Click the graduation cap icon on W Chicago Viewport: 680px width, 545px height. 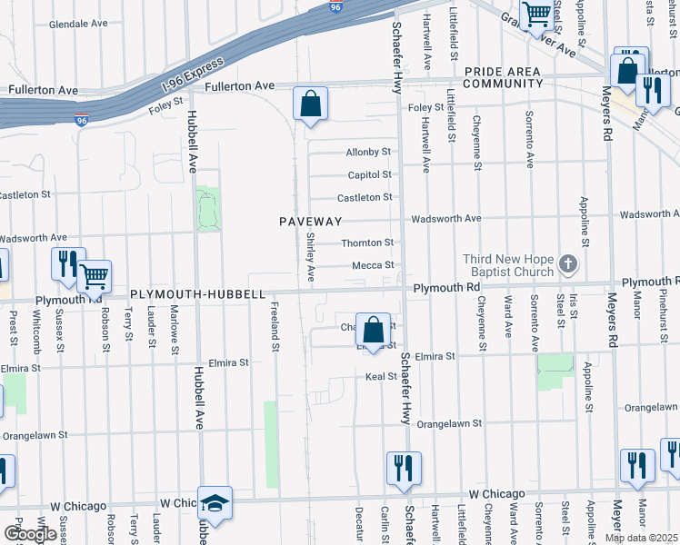[215, 503]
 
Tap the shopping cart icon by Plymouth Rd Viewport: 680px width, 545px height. [94, 275]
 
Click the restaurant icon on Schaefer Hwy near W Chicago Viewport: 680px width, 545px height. [404, 468]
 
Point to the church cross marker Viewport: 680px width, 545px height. [568, 265]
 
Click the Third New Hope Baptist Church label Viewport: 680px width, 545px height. [508, 265]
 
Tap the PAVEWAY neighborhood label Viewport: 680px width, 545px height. [310, 222]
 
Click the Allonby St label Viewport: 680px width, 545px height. [368, 152]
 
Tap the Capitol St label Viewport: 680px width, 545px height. [370, 174]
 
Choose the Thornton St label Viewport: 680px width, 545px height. [367, 243]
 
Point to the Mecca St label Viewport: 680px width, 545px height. [374, 265]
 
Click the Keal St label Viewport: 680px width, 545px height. [380, 376]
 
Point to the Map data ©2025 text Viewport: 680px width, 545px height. [641, 538]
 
